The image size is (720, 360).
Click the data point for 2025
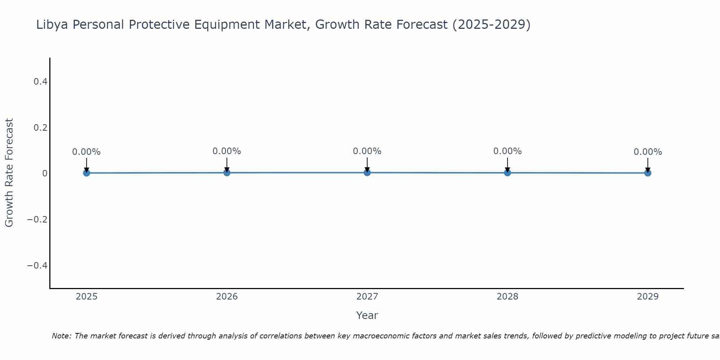pyautogui.click(x=86, y=173)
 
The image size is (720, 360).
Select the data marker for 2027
pyautogui.click(x=367, y=172)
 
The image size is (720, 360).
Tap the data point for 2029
pyautogui.click(x=648, y=173)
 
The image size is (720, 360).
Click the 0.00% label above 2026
pyautogui.click(x=226, y=151)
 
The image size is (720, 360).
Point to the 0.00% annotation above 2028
pyautogui.click(x=507, y=151)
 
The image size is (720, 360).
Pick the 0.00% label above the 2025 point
pyautogui.click(x=86, y=152)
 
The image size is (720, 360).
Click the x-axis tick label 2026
pyautogui.click(x=227, y=297)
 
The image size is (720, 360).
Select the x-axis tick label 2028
pyautogui.click(x=507, y=297)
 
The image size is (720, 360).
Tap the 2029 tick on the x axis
pyautogui.click(x=648, y=297)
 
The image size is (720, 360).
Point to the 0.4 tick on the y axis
pyautogui.click(x=40, y=82)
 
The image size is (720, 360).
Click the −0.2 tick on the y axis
pyautogui.click(x=37, y=220)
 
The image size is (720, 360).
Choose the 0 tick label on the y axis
pyautogui.click(x=45, y=174)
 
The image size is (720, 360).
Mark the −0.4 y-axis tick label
pyautogui.click(x=37, y=266)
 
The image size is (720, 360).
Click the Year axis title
pyautogui.click(x=367, y=315)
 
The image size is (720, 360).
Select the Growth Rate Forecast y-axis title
pyautogui.click(x=9, y=173)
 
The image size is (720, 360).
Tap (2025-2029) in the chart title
pyautogui.click(x=491, y=25)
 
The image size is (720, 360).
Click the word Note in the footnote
pyautogui.click(x=61, y=336)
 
